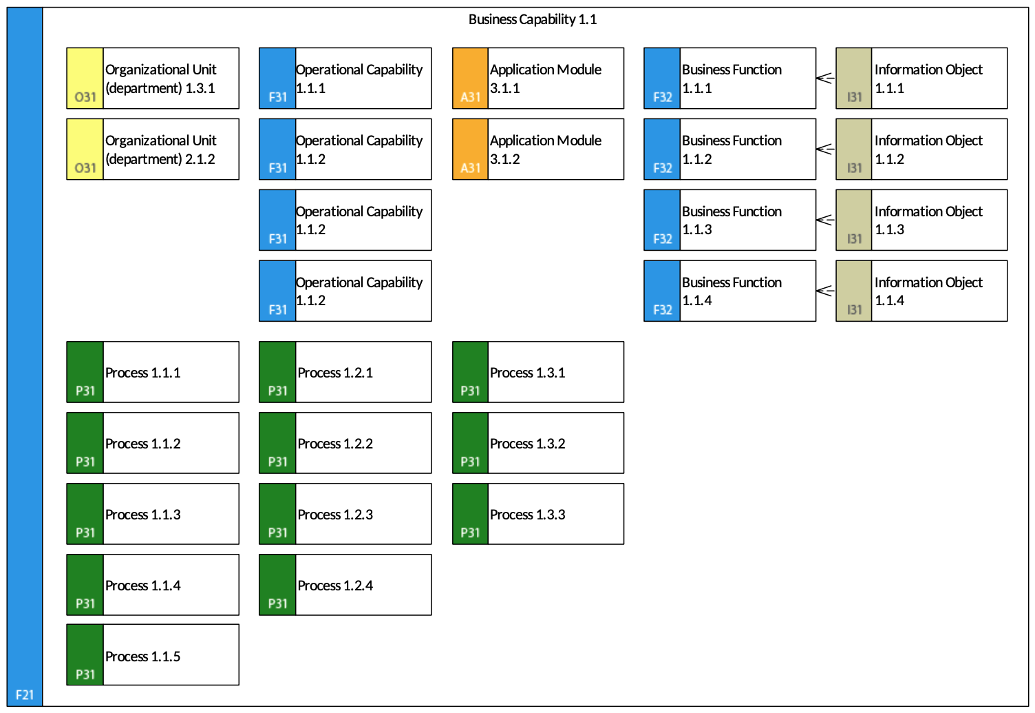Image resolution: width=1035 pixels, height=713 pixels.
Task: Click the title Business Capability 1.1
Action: point(532,19)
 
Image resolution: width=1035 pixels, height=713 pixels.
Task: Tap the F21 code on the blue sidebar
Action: point(25,694)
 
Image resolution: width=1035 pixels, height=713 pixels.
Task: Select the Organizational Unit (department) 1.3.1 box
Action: point(153,79)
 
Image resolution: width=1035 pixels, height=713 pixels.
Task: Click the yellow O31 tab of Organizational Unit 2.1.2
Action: point(85,149)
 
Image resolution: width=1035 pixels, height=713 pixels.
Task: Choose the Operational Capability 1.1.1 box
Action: point(345,79)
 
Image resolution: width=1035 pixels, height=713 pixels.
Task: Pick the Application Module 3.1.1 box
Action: point(538,79)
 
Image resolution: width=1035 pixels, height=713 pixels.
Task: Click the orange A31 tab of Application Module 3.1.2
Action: point(471,149)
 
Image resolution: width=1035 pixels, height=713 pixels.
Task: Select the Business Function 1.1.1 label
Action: point(732,79)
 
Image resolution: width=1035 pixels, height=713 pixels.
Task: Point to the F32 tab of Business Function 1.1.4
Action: point(662,291)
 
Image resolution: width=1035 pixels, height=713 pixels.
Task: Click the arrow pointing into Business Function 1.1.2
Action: point(825,149)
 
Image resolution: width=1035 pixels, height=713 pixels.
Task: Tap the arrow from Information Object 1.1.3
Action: point(825,220)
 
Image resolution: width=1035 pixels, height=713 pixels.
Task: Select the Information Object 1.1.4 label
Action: point(928,291)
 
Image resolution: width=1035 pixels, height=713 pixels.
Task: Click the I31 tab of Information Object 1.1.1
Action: point(854,79)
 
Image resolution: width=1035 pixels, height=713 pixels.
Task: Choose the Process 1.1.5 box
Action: point(153,654)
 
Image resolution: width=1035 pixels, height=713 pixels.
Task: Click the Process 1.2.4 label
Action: point(335,586)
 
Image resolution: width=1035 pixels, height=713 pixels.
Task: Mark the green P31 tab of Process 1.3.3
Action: point(471,514)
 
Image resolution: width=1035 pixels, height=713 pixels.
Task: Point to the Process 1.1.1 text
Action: point(142,373)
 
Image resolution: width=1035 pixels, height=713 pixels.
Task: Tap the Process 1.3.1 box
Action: point(538,372)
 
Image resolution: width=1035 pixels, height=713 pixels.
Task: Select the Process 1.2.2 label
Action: point(335,443)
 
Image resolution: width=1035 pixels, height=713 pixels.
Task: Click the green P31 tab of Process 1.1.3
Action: point(85,514)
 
